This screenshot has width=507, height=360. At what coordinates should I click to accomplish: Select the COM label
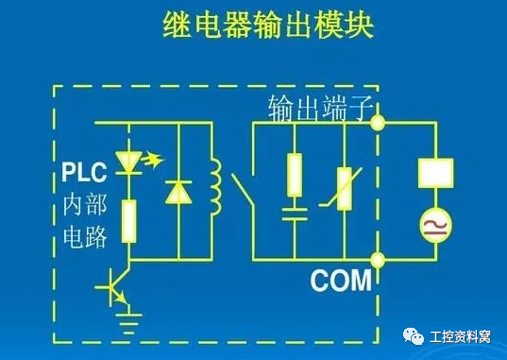click(340, 281)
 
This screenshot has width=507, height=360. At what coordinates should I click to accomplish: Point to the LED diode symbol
click(129, 161)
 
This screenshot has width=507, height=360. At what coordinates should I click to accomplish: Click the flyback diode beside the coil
click(177, 191)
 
